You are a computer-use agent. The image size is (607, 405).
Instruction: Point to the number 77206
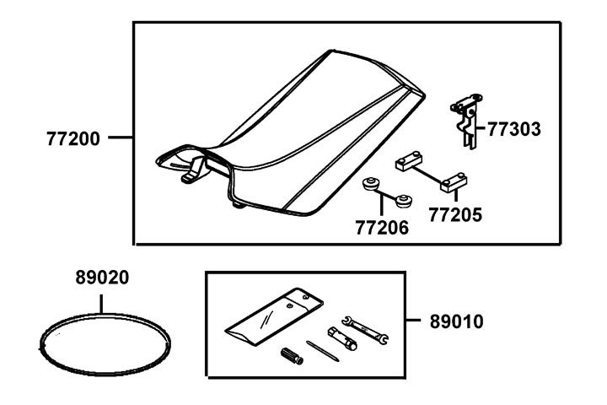tap(381, 227)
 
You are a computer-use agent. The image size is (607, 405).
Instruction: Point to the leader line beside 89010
tap(416, 321)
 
